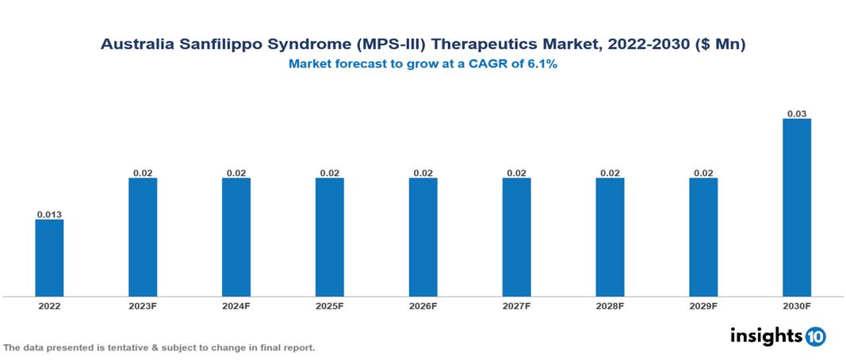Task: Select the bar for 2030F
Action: point(797,208)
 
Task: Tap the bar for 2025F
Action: point(330,237)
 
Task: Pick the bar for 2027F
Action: point(517,237)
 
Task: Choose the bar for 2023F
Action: point(143,237)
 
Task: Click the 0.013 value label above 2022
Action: point(49,214)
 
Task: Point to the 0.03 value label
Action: point(797,114)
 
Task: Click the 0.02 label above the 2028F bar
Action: point(610,173)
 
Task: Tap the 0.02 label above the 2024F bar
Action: point(236,173)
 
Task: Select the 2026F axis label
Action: point(423,306)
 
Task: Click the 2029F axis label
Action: point(703,306)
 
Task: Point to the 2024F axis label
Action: point(236,306)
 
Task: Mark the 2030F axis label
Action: point(797,306)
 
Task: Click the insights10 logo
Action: point(778,336)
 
